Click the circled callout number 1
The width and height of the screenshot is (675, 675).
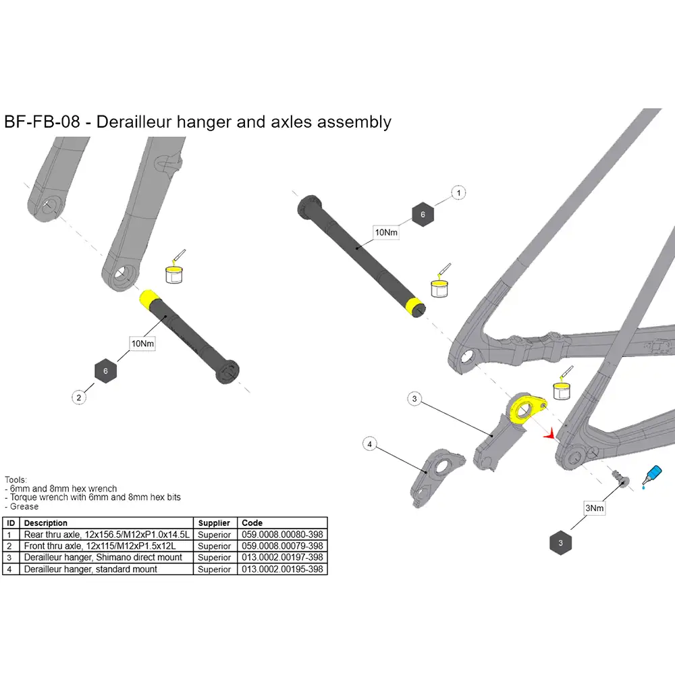tap(459, 193)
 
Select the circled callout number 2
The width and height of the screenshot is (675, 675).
tap(79, 398)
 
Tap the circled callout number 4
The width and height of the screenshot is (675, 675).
tap(369, 443)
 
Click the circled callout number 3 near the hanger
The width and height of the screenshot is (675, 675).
tap(415, 400)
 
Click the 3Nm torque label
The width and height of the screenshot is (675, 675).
tap(594, 508)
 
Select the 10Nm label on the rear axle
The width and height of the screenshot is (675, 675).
tap(386, 232)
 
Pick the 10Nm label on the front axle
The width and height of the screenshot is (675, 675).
tap(142, 344)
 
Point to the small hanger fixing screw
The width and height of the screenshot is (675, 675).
tap(619, 477)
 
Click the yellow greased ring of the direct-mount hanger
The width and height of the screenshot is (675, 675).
tap(522, 408)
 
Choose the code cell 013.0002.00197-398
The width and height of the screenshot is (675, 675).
tap(282, 558)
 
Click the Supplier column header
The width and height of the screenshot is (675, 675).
tap(215, 523)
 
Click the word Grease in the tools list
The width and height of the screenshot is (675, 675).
tap(24, 506)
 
